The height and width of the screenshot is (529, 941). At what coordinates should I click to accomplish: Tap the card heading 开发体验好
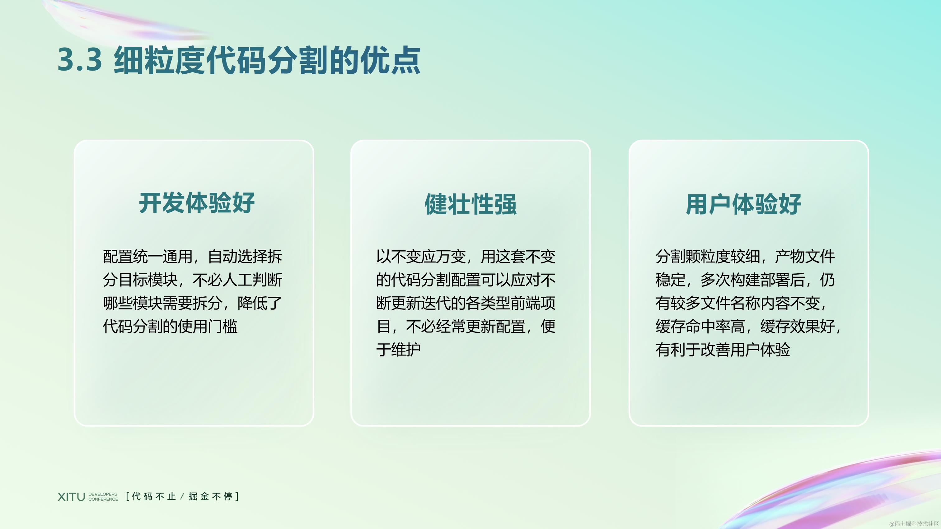click(197, 203)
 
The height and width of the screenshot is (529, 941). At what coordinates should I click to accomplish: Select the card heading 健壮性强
click(470, 204)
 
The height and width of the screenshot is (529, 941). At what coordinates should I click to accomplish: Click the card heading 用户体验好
click(743, 204)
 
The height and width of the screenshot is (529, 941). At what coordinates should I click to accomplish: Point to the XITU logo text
click(71, 497)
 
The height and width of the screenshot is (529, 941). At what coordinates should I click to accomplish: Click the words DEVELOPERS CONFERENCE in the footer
click(103, 497)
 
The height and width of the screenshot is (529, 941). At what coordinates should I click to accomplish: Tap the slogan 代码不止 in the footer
click(154, 497)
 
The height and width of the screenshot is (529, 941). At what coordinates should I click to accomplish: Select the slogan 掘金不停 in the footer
click(211, 497)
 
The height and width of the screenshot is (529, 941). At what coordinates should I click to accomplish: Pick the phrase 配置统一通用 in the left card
click(147, 257)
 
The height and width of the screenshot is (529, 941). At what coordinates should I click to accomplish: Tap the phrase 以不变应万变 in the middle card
click(420, 257)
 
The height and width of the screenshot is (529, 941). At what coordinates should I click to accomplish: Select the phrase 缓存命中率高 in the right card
click(700, 326)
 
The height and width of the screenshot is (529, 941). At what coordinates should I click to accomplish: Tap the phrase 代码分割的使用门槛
click(170, 326)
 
